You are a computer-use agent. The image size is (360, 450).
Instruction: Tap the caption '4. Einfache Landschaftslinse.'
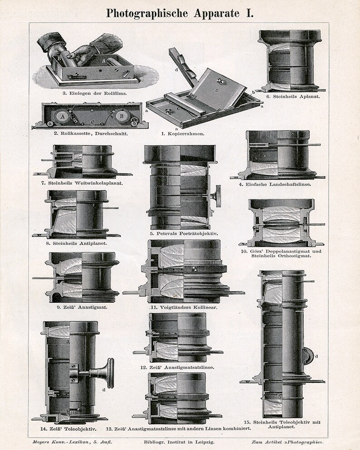[x=277, y=184]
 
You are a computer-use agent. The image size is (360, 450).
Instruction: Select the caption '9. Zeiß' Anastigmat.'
[x=76, y=307]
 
